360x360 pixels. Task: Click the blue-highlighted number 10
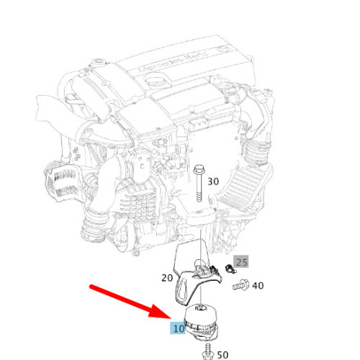click(x=179, y=328)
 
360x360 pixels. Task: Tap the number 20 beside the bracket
click(x=167, y=278)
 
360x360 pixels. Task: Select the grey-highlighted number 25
click(x=242, y=262)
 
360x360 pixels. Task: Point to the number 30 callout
click(x=213, y=181)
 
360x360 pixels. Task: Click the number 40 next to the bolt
click(x=258, y=286)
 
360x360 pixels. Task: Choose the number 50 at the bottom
click(x=222, y=355)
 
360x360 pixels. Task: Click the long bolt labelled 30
click(x=199, y=183)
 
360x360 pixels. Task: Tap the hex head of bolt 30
click(x=199, y=169)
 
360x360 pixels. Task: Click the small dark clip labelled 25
click(x=230, y=269)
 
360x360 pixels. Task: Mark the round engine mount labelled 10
click(x=201, y=322)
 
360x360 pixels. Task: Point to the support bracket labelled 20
click(x=192, y=276)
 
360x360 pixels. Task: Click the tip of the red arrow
click(x=171, y=318)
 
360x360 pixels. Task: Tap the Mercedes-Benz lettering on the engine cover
click(x=174, y=62)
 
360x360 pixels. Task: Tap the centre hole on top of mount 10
click(x=199, y=308)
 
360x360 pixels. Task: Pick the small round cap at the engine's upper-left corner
click(x=99, y=61)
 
